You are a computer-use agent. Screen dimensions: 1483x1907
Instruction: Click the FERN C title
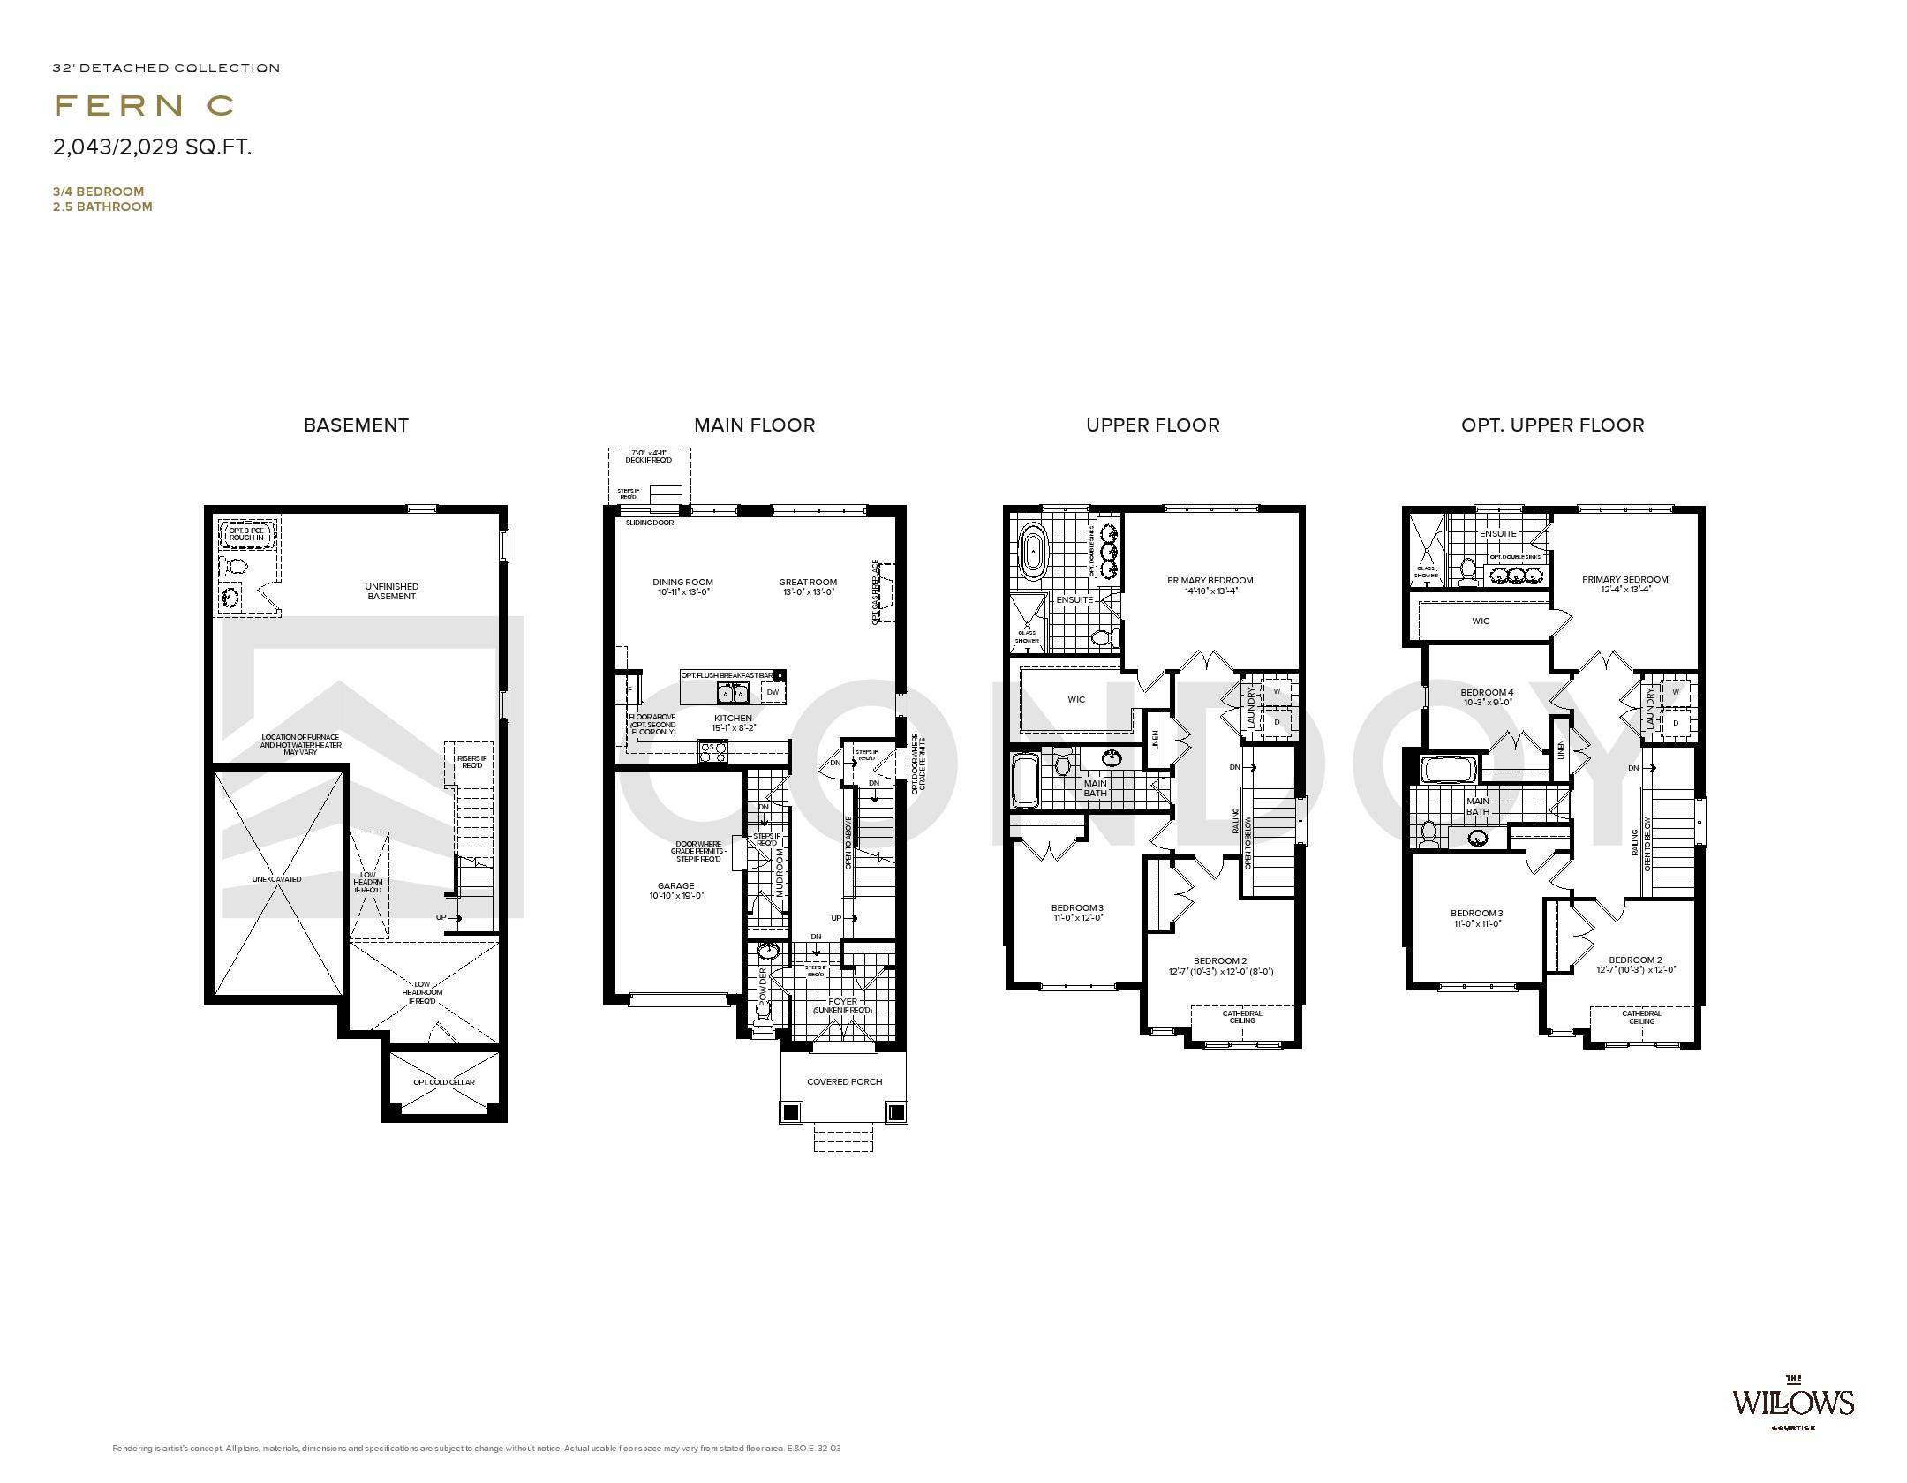tap(145, 106)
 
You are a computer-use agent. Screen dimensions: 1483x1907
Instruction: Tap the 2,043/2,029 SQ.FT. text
tap(153, 147)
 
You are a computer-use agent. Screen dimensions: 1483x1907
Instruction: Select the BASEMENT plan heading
tap(356, 425)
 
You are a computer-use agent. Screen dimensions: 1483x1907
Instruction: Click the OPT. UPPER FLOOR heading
tap(1552, 425)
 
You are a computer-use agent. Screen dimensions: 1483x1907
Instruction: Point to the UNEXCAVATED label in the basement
tap(276, 879)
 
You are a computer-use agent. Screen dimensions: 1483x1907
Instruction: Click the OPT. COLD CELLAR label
tap(444, 1082)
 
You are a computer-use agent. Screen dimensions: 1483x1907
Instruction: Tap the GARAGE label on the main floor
tap(675, 886)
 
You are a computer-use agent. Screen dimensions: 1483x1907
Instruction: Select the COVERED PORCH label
tap(844, 1081)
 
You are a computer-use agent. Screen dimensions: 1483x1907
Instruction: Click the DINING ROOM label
tap(682, 583)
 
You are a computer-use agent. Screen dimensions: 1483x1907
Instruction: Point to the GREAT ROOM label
tap(807, 583)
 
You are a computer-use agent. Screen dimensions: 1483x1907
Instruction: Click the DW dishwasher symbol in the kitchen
tap(773, 692)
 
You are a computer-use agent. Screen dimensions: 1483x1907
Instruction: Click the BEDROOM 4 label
tap(1487, 692)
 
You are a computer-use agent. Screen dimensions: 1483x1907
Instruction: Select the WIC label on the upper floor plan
tap(1076, 700)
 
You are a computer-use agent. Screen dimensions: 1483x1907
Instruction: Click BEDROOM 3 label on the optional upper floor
tap(1476, 914)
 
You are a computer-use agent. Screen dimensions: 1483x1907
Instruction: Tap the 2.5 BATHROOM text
tap(102, 207)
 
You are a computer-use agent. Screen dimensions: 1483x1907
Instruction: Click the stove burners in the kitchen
tap(713, 752)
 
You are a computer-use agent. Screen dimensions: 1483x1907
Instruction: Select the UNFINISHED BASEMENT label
tap(391, 591)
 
